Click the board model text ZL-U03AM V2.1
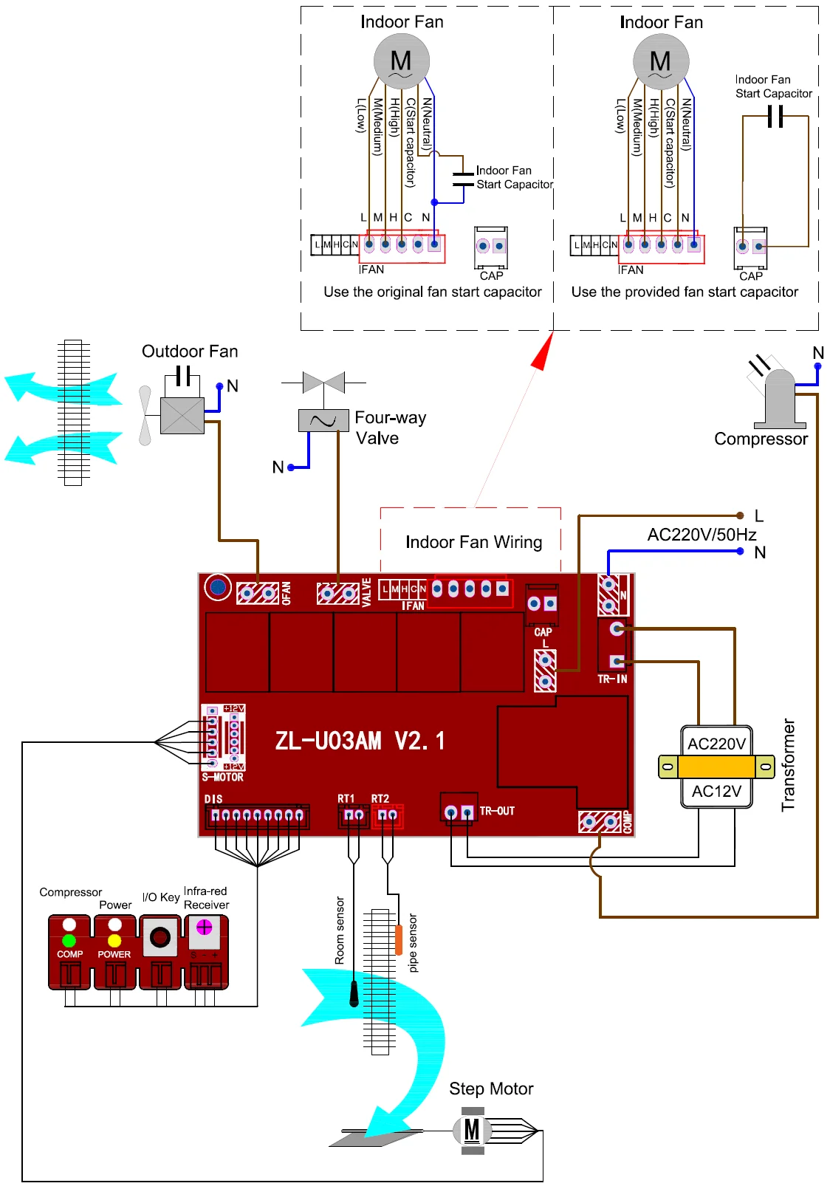click(x=360, y=741)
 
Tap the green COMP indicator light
click(x=69, y=940)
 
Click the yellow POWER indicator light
click(x=114, y=940)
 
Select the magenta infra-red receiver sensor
click(x=205, y=926)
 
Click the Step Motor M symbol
click(x=472, y=1130)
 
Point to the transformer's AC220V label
click(x=716, y=744)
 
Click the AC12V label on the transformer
click(x=716, y=792)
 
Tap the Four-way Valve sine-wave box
click(x=323, y=420)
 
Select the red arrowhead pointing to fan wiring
click(x=543, y=352)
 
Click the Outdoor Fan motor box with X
click(x=182, y=416)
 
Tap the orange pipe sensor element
click(x=399, y=939)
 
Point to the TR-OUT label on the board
click(x=497, y=811)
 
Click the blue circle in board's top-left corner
click(x=218, y=587)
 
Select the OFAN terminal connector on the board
click(x=258, y=593)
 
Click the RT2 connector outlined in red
click(x=387, y=815)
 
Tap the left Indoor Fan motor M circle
click(x=401, y=61)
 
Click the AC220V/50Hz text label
click(x=702, y=535)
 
